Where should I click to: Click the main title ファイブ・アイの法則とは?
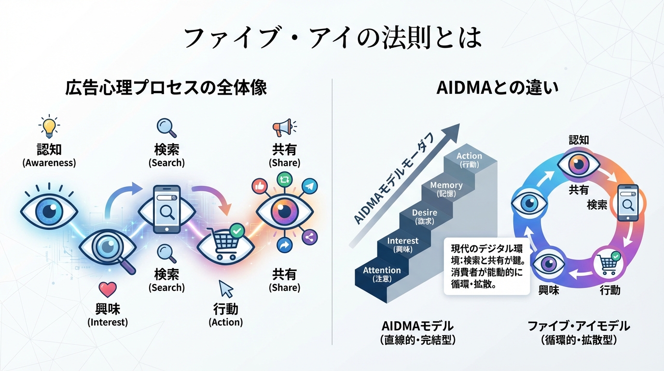tap(332, 37)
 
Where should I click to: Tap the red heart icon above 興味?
tap(107, 289)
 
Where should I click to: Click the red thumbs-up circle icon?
tap(260, 185)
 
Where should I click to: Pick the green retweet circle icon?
tap(284, 179)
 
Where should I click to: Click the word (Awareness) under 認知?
tap(49, 163)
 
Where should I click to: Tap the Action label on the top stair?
tap(469, 156)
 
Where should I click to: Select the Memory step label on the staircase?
tap(446, 185)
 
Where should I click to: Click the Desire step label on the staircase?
tap(425, 213)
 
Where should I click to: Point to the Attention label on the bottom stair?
tap(382, 270)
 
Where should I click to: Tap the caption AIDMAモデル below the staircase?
tap(417, 326)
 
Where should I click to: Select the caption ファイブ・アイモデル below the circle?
tap(579, 326)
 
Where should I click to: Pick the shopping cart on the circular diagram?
tap(606, 263)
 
